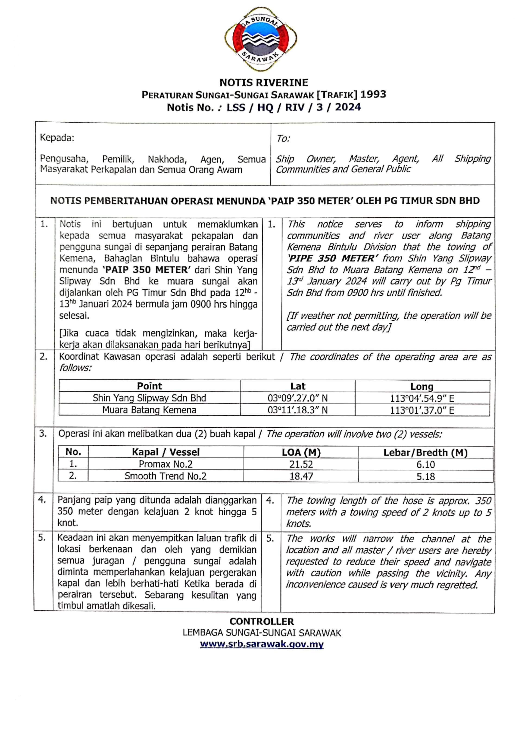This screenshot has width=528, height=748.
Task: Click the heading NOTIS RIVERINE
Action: (x=264, y=82)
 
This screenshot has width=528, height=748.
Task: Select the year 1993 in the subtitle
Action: (x=373, y=95)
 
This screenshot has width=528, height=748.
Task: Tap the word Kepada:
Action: (x=57, y=138)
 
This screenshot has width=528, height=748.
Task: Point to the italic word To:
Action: (x=283, y=139)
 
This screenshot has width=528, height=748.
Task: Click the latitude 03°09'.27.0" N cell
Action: (x=297, y=398)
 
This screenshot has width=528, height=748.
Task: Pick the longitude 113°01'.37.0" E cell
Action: (x=422, y=410)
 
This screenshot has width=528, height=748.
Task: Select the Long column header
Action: (x=422, y=386)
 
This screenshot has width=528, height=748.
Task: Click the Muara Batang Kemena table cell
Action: (x=149, y=410)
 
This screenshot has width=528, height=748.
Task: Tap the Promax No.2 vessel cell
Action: (x=166, y=464)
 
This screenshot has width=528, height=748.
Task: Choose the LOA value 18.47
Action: (x=301, y=476)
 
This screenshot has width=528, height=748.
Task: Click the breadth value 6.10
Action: (x=425, y=464)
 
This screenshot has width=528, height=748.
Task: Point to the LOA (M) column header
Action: (x=301, y=452)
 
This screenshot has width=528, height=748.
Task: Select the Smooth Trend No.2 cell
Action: (x=166, y=476)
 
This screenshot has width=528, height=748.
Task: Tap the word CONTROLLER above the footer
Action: (x=262, y=621)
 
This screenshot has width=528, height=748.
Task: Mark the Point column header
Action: (x=149, y=386)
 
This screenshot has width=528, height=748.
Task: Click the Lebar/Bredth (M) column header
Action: (x=425, y=453)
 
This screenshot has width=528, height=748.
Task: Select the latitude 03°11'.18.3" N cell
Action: (x=297, y=410)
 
